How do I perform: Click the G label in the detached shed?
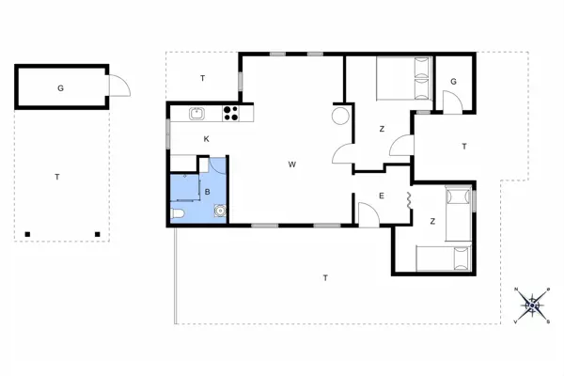click(x=60, y=88)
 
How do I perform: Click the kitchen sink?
click(x=197, y=114)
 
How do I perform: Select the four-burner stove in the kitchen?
click(x=230, y=114)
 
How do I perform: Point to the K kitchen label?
click(x=206, y=139)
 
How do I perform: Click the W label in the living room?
click(x=292, y=164)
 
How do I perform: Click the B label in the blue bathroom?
click(x=206, y=191)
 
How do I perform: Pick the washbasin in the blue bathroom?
click(x=219, y=211)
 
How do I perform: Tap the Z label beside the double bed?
click(x=382, y=129)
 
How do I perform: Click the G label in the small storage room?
click(x=453, y=82)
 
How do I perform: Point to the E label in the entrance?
click(x=381, y=196)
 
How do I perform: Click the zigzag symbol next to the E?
click(x=409, y=199)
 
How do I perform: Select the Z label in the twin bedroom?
click(x=432, y=222)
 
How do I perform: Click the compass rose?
click(x=533, y=303)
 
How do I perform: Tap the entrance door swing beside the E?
click(x=368, y=215)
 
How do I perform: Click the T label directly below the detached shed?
click(x=57, y=177)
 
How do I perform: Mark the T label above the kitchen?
click(x=203, y=78)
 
